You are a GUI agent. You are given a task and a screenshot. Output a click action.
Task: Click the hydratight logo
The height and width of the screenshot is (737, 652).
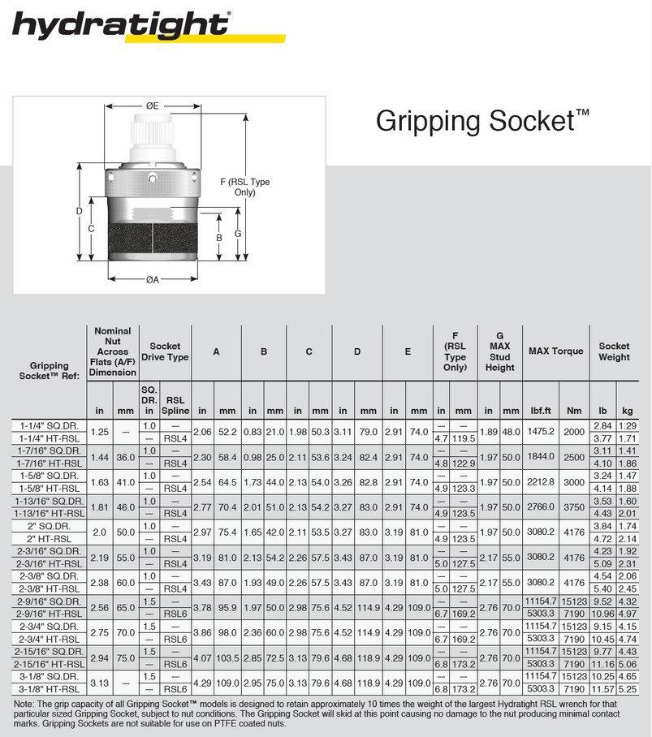point(122,26)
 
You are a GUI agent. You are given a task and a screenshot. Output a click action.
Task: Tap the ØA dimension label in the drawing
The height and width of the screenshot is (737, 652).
point(152,280)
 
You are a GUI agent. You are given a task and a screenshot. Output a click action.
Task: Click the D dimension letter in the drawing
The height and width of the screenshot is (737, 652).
point(79,212)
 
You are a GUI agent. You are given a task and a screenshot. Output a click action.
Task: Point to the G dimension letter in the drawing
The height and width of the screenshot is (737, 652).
point(237,233)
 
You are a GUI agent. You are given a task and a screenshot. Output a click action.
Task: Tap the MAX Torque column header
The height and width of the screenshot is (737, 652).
point(555,351)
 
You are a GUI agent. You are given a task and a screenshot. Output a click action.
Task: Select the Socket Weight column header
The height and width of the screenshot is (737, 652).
point(614,351)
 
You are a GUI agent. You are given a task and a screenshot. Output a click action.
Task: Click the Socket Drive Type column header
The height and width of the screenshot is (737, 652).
point(165,351)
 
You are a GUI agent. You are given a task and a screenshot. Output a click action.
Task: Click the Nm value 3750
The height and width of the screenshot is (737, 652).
point(575,506)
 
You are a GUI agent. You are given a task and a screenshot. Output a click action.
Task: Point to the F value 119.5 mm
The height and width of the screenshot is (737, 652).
point(463,438)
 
